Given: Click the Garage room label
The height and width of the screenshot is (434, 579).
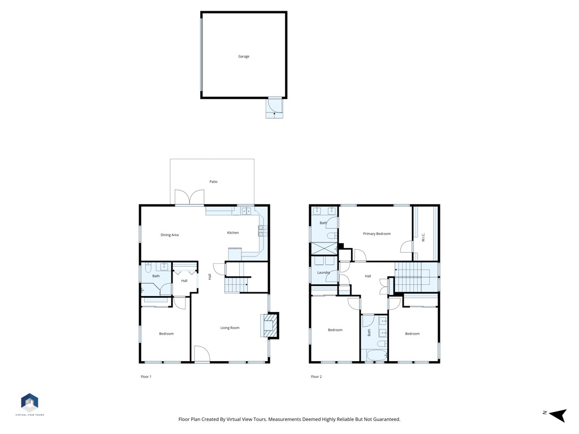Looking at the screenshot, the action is (244, 57).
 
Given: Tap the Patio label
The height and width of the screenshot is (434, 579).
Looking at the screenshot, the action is (213, 181).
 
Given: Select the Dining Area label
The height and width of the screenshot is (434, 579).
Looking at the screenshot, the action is (170, 235).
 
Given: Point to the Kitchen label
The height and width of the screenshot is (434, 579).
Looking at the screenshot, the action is (232, 232).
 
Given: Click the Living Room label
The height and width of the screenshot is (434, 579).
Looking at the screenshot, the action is (230, 328).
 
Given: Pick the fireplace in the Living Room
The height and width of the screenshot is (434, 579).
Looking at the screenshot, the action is (270, 325).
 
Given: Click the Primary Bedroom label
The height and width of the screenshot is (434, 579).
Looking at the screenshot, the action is (377, 233).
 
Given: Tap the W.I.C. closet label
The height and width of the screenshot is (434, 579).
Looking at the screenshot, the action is (423, 237).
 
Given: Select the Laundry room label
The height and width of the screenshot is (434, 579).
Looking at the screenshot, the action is (323, 272).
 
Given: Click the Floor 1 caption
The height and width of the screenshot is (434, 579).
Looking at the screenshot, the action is (146, 377).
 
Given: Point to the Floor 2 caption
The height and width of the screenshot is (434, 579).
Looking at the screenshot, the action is (316, 377).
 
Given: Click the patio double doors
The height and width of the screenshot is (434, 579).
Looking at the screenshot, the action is (189, 197).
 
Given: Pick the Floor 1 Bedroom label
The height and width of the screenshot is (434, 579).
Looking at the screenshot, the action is (166, 333).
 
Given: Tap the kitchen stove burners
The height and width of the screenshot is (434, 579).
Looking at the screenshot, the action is (262, 231).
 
